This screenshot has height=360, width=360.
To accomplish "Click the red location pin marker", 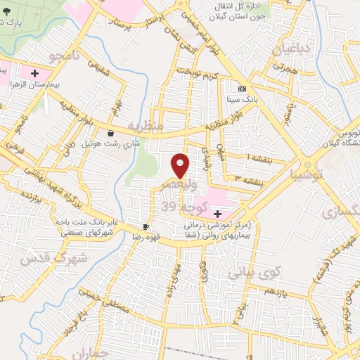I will tap(180, 165).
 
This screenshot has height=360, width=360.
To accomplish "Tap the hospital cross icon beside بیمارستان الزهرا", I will tap(34, 72).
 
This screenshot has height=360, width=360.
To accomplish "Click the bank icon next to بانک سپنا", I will tap(243, 89).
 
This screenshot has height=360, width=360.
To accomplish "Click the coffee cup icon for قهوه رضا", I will tap(146, 226).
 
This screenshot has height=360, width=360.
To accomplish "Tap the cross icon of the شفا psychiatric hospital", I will tap(217, 214).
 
